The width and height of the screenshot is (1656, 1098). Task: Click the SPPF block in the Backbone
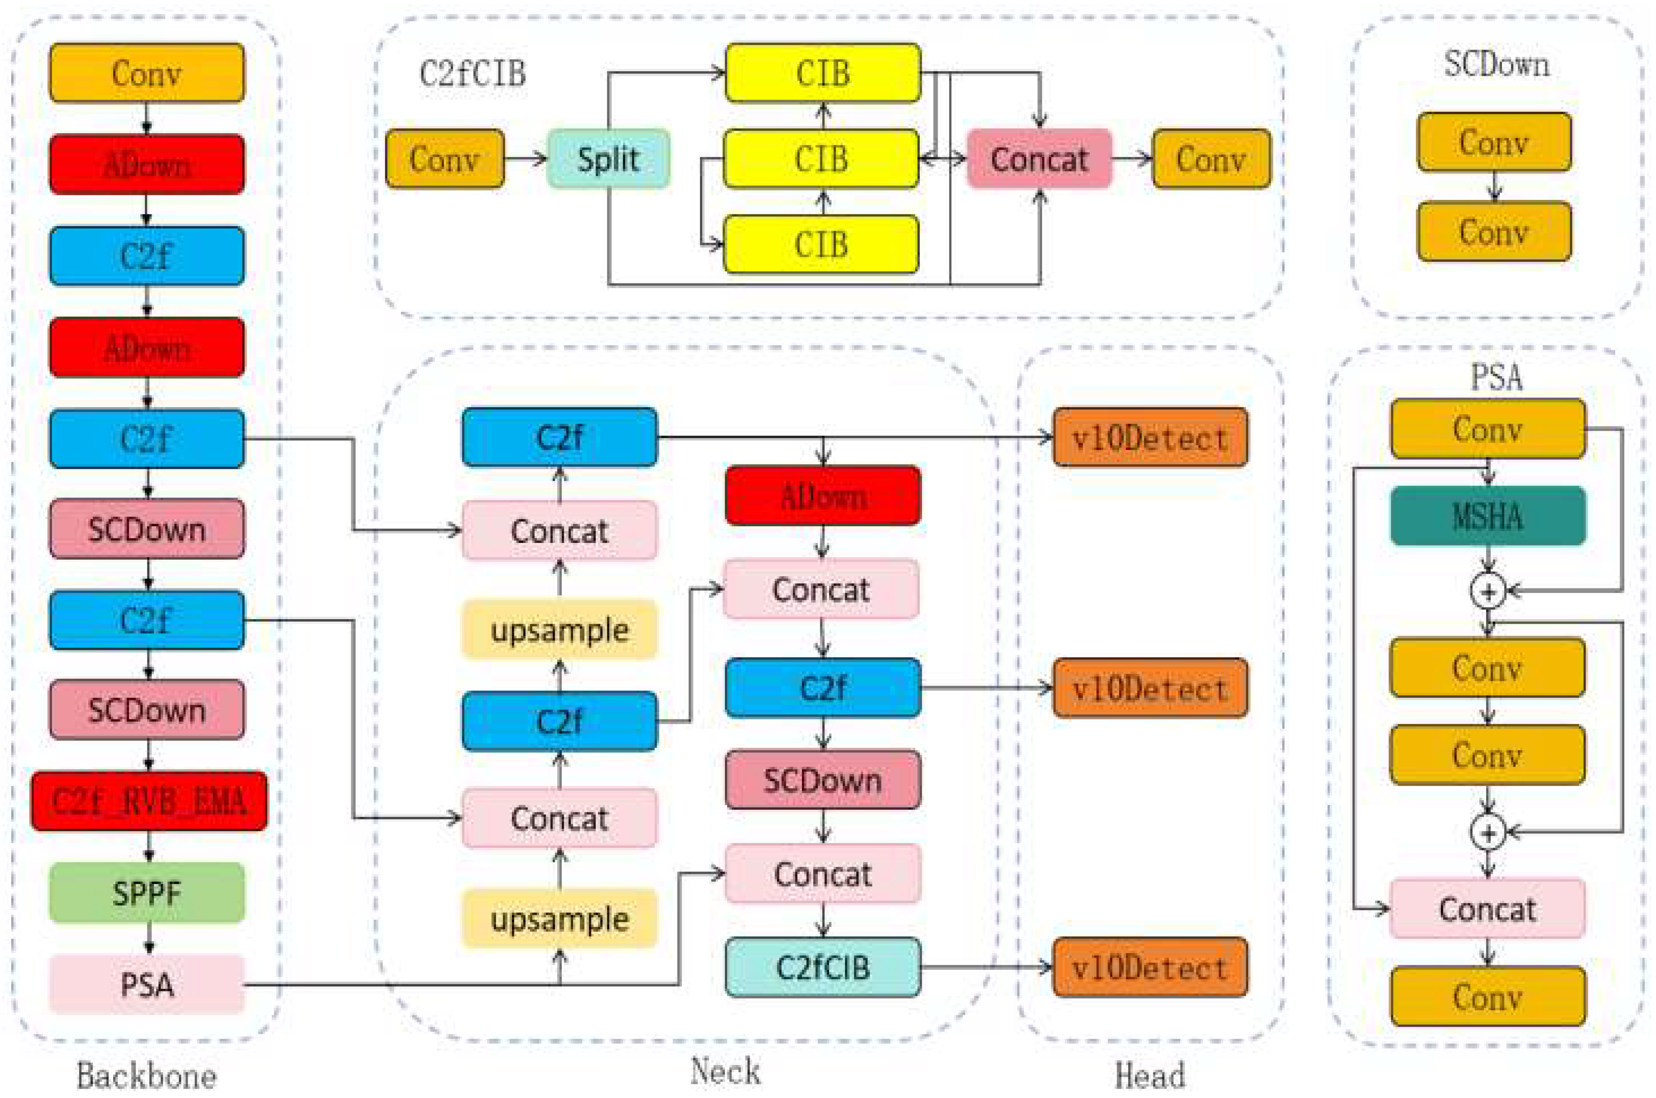(147, 892)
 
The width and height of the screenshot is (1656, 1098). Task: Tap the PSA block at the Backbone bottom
(147, 984)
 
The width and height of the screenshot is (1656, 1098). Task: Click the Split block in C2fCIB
(608, 159)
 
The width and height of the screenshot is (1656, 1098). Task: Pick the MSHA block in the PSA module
(1487, 516)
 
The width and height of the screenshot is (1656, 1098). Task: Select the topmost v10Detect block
(1150, 438)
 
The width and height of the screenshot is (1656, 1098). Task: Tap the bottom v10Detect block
(1150, 967)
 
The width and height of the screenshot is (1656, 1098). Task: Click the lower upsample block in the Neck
(559, 919)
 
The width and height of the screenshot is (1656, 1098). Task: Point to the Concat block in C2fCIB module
(1039, 159)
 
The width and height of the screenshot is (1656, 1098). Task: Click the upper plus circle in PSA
(1488, 592)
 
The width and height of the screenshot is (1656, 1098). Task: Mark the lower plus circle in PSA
(1488, 833)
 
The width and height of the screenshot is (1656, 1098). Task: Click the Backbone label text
(146, 1076)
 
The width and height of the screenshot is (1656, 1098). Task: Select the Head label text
(1150, 1076)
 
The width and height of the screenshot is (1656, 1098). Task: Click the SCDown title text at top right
(1497, 65)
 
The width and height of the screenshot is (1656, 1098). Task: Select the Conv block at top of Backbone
(147, 73)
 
